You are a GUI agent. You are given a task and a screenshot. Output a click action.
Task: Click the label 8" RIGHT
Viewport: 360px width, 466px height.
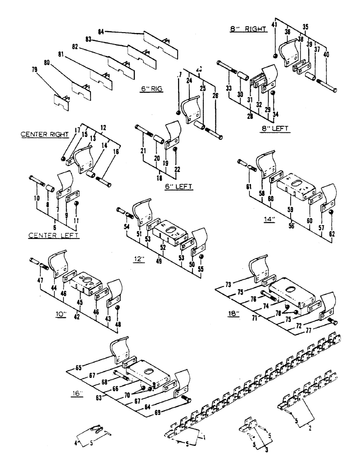(247, 29)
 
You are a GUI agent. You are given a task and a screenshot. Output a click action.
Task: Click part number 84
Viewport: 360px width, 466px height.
(101, 31)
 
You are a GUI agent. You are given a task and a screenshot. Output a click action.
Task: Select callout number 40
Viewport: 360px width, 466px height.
(326, 54)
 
